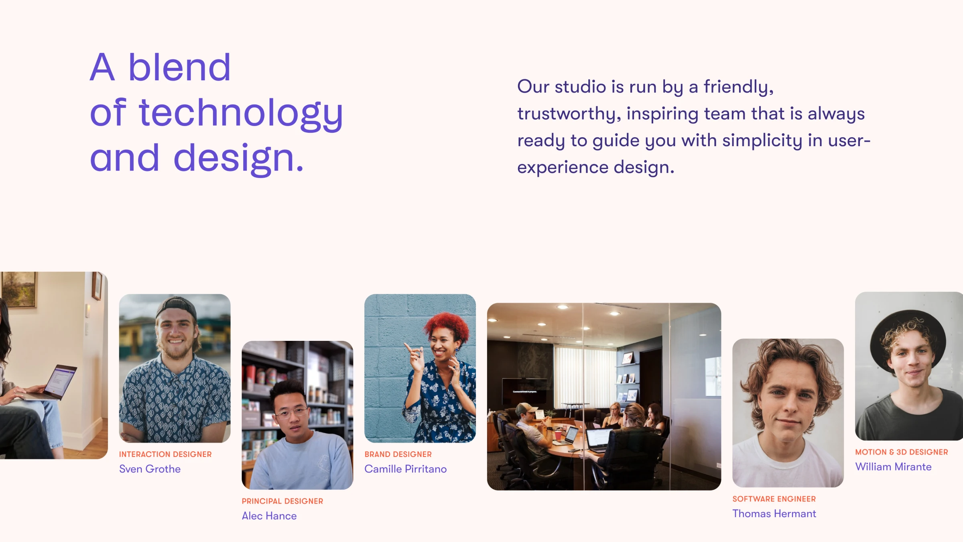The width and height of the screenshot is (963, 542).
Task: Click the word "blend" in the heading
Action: (x=179, y=67)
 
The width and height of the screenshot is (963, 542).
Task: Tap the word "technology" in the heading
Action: (x=241, y=114)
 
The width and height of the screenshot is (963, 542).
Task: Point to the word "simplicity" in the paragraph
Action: (x=762, y=141)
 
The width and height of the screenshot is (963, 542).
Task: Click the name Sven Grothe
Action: (x=150, y=469)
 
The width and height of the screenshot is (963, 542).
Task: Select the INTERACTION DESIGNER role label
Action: (x=165, y=454)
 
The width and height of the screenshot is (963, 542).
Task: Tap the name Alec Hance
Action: (x=269, y=516)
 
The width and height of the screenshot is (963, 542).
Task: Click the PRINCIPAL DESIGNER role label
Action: (x=282, y=501)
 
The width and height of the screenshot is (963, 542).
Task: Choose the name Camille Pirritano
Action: (x=406, y=469)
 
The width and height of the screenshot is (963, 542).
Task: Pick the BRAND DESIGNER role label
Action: (x=398, y=454)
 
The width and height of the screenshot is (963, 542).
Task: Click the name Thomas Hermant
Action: (x=774, y=514)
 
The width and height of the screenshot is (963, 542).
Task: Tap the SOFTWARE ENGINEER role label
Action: (x=774, y=499)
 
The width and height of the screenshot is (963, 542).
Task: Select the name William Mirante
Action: (x=894, y=467)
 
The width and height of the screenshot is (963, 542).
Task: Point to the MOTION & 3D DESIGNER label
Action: (x=902, y=452)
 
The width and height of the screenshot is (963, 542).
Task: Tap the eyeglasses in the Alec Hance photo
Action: (x=292, y=412)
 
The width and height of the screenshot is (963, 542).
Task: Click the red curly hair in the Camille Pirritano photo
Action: (x=448, y=327)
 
